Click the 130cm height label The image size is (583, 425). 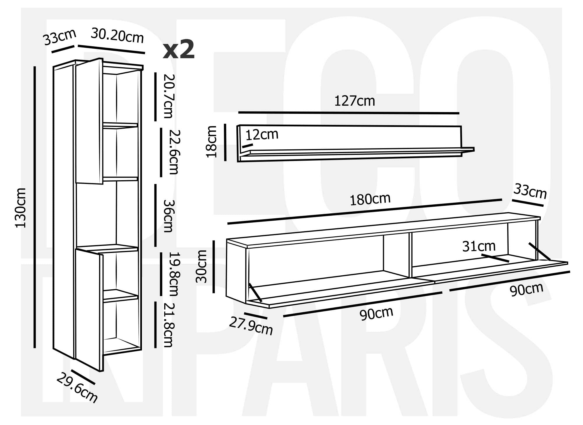(x=21, y=208)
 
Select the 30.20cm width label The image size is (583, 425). (x=117, y=36)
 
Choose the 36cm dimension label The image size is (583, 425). (x=168, y=216)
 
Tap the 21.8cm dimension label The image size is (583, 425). (x=168, y=325)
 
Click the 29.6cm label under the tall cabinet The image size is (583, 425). (x=77, y=388)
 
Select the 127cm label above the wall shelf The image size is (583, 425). (x=354, y=101)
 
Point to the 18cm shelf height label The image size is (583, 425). (x=211, y=142)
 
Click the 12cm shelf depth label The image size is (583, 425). (x=262, y=135)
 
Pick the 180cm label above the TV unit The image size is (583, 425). (x=370, y=199)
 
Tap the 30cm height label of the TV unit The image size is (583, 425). (x=201, y=266)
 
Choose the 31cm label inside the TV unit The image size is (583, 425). (x=479, y=246)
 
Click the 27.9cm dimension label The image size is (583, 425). (x=251, y=326)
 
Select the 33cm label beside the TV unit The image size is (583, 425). (x=530, y=191)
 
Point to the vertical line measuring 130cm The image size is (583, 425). (x=35, y=207)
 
